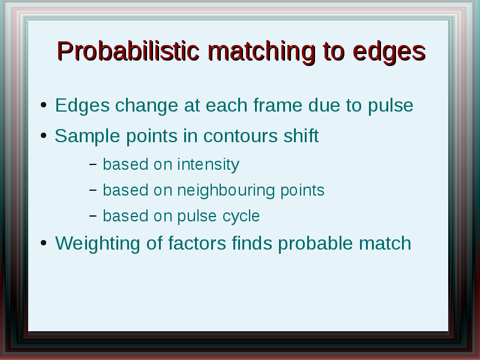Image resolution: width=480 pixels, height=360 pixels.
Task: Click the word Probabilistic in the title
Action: pos(128,51)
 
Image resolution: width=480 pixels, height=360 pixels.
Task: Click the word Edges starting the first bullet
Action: pos(82,106)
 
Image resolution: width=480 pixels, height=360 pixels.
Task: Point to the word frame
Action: pos(278,105)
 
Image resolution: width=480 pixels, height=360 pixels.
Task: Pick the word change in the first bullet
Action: pos(146,106)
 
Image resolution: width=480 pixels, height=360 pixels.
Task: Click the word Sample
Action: pos(87,137)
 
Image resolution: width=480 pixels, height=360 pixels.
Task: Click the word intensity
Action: pos(208,164)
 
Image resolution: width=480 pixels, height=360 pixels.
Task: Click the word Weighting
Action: pos(98,244)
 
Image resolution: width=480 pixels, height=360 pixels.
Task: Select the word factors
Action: pos(197,243)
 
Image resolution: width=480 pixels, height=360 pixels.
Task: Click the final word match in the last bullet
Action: pos(385,243)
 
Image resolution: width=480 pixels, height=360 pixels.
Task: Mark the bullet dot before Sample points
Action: pos(43,136)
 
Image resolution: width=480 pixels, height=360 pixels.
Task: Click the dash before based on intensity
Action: pos(93,164)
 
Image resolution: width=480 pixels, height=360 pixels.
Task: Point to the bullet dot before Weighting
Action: pos(43,243)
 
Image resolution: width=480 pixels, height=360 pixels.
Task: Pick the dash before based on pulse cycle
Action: pos(93,216)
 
